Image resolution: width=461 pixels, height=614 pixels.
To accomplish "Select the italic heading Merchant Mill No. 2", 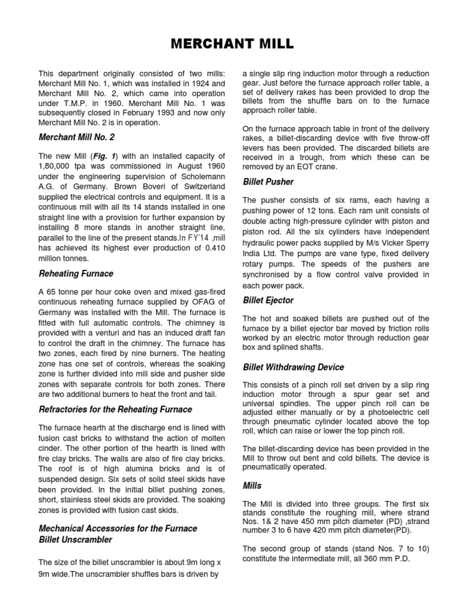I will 76,137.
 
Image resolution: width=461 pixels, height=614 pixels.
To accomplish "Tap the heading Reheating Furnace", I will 76,273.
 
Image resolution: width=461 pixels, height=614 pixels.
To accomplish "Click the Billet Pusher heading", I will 268,181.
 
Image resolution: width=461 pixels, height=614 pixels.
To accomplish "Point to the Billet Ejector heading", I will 268,300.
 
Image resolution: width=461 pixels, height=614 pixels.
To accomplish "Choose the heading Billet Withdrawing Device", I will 293,366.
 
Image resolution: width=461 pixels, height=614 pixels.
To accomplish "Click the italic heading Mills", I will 252,485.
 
